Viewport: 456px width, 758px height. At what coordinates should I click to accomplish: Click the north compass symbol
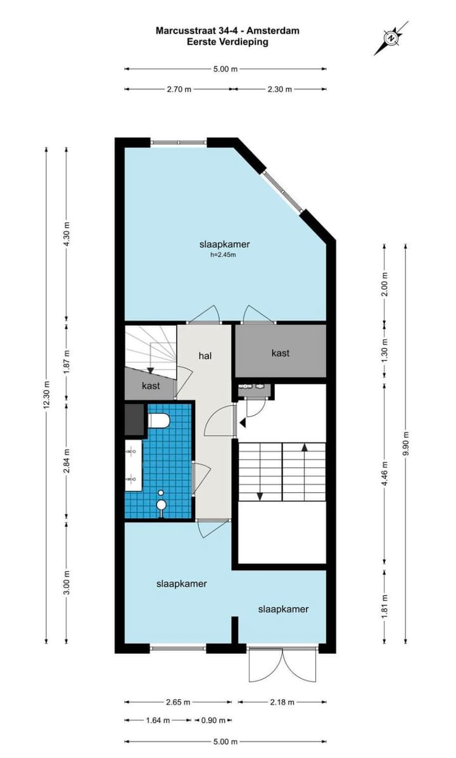pos(391,38)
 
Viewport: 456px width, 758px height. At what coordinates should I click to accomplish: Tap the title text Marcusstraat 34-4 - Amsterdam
pos(227,30)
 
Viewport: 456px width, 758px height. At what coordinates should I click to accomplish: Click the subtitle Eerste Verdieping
pos(227,42)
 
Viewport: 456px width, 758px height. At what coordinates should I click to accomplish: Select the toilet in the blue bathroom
pos(158,420)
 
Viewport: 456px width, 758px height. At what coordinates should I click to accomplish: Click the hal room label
pos(205,356)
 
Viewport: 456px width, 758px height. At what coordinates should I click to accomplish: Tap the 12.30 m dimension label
pos(46,395)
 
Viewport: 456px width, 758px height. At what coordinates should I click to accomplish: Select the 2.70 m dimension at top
pos(179,89)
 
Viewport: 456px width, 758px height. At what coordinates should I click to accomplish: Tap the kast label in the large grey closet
pos(280,353)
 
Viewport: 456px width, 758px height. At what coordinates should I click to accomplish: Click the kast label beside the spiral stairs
pos(150,385)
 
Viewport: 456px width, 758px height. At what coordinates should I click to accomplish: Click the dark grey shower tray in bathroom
pos(134,420)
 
